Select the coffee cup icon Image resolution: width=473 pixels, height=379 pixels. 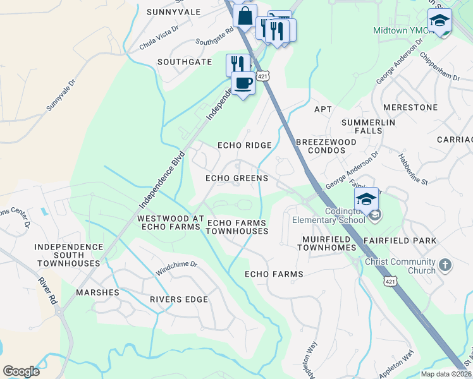pos(243,83)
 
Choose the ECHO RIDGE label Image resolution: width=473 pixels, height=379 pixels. pos(245,145)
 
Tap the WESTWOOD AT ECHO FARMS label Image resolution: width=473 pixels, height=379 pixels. pos(171,222)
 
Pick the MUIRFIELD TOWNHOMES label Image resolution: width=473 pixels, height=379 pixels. pos(329,244)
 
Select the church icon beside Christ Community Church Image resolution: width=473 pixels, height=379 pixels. pos(445,265)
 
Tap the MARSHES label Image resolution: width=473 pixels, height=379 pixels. pos(97,292)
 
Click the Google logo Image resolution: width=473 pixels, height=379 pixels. pos(21,371)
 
